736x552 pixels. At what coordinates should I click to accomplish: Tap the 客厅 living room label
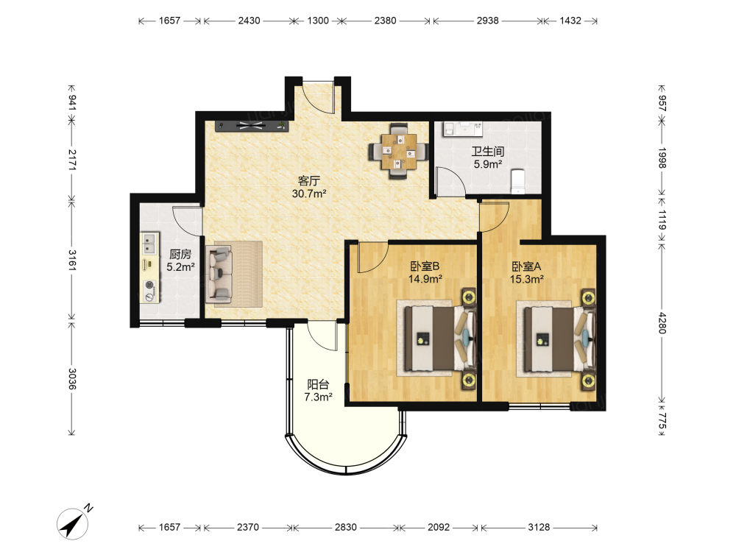pyautogui.click(x=309, y=181)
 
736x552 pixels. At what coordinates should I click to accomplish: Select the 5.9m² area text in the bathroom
pyautogui.click(x=488, y=164)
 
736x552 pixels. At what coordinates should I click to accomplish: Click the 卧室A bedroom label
pyautogui.click(x=526, y=266)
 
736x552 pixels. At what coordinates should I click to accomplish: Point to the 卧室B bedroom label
pyautogui.click(x=425, y=266)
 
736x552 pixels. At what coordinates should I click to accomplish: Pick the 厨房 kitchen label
pyautogui.click(x=180, y=255)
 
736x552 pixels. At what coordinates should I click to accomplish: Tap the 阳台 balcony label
pyautogui.click(x=318, y=384)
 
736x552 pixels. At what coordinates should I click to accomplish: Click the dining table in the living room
pyautogui.click(x=398, y=151)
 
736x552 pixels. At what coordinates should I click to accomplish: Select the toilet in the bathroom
pyautogui.click(x=517, y=181)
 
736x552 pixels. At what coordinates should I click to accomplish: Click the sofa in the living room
pyautogui.click(x=219, y=274)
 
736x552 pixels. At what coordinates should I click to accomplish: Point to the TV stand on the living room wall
pyautogui.click(x=252, y=126)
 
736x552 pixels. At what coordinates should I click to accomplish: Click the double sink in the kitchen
pyautogui.click(x=149, y=243)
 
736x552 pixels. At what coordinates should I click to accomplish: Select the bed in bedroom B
pyautogui.click(x=436, y=338)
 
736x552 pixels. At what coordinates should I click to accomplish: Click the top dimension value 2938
pyautogui.click(x=488, y=21)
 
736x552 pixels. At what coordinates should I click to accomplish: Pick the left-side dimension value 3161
pyautogui.click(x=72, y=260)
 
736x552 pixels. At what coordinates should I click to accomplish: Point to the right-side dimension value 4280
pyautogui.click(x=662, y=323)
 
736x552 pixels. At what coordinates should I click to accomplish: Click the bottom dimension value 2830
pyautogui.click(x=345, y=527)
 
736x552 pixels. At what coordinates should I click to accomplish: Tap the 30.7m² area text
pyautogui.click(x=309, y=194)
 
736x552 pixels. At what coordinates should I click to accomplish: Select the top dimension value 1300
pyautogui.click(x=318, y=21)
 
